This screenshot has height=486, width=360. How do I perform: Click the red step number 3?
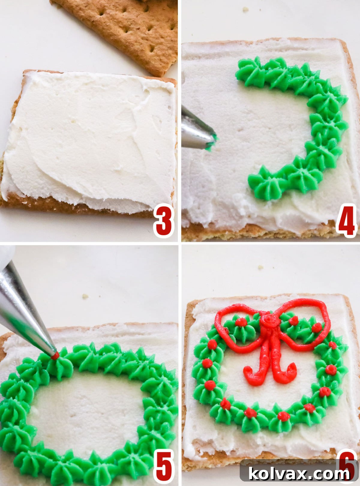pyautogui.click(x=163, y=221)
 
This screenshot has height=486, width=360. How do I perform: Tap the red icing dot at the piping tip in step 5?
pyautogui.click(x=55, y=356)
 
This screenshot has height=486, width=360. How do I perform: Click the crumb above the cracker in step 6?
pyautogui.click(x=261, y=267)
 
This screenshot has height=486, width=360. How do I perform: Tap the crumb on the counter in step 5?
pyautogui.click(x=85, y=296)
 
